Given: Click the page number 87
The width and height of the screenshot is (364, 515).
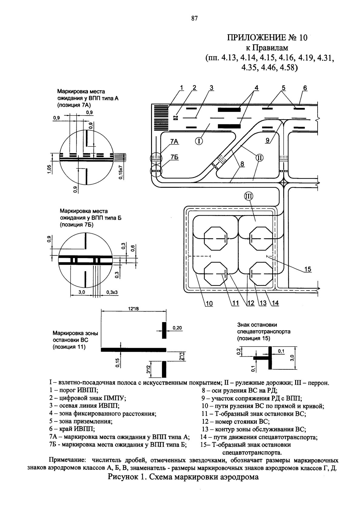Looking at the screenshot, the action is click(194, 19).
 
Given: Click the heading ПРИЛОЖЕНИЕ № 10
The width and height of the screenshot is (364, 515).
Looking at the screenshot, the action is click(267, 38).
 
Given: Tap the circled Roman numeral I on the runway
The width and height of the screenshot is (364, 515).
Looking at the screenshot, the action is click(199, 141).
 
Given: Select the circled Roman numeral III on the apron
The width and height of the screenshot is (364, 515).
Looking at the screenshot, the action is click(249, 196).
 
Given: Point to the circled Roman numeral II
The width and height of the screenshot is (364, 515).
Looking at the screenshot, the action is click(259, 158).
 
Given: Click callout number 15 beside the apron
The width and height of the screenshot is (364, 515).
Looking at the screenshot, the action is click(308, 269).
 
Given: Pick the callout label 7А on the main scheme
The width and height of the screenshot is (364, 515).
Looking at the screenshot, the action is click(174, 142).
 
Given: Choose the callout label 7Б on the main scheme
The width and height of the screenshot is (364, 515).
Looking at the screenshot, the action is click(174, 157).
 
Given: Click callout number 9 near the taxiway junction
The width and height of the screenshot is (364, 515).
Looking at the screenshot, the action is click(268, 140).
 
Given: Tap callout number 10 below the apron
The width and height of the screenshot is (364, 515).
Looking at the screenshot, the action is click(209, 304).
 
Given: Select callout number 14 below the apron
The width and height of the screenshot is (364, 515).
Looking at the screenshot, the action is click(275, 303).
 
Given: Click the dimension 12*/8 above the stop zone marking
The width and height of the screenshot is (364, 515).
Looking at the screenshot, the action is click(133, 309).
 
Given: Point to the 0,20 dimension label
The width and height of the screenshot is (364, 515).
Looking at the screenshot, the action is click(177, 328).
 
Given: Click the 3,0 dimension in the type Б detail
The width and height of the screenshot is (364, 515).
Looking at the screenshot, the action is click(82, 292).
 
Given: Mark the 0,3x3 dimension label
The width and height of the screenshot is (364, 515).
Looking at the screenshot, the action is click(112, 292).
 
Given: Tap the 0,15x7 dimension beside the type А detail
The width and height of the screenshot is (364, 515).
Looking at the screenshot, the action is click(121, 172).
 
